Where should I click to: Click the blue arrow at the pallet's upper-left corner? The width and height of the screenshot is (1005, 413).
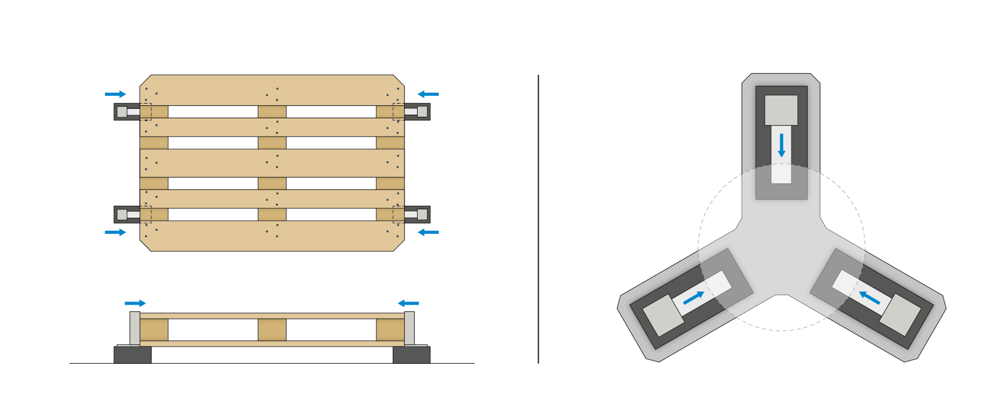pyautogui.click(x=115, y=94)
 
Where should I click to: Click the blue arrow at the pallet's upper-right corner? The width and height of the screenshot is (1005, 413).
pyautogui.click(x=428, y=94)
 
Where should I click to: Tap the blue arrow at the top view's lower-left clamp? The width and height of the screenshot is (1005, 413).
pyautogui.click(x=115, y=232)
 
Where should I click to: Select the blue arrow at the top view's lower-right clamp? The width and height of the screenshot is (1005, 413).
pyautogui.click(x=428, y=232)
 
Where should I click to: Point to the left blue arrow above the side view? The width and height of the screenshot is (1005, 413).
pyautogui.click(x=135, y=303)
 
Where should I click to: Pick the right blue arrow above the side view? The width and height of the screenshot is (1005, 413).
pyautogui.click(x=408, y=303)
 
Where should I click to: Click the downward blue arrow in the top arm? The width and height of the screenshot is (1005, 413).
pyautogui.click(x=781, y=145)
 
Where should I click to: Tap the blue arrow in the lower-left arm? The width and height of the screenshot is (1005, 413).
pyautogui.click(x=694, y=298)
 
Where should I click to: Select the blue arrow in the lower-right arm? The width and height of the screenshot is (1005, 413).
pyautogui.click(x=869, y=298)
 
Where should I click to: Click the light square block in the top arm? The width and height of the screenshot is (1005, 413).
pyautogui.click(x=781, y=110)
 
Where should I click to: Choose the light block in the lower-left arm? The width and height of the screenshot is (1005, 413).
pyautogui.click(x=663, y=315)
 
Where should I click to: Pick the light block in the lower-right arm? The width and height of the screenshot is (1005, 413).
pyautogui.click(x=900, y=315)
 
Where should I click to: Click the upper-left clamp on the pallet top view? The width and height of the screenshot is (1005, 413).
pyautogui.click(x=127, y=111)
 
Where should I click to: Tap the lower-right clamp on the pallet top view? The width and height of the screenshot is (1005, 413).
pyautogui.click(x=417, y=214)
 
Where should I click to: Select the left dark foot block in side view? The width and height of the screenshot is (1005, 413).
pyautogui.click(x=132, y=354)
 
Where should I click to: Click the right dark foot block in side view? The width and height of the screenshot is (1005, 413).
pyautogui.click(x=411, y=354)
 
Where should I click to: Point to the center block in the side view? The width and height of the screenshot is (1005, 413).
pyautogui.click(x=272, y=330)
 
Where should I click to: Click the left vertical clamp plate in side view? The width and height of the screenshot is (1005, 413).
pyautogui.click(x=135, y=328)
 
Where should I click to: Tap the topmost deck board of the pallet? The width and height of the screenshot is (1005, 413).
pyautogui.click(x=272, y=90)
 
